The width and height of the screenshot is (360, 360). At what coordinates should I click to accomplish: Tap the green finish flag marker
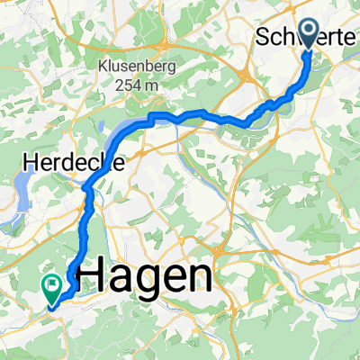coord(51,286)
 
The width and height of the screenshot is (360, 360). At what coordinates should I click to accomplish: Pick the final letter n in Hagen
coord(198,275)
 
